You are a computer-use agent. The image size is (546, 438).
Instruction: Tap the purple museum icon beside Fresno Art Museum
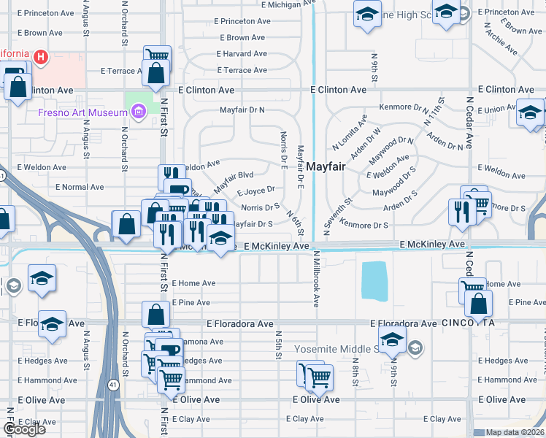138,112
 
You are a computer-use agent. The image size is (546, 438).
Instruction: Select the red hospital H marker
42,56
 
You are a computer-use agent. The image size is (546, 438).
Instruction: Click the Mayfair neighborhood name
325,166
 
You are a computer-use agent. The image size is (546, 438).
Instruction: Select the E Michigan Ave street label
269,4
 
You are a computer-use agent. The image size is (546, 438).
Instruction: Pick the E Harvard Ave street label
241,54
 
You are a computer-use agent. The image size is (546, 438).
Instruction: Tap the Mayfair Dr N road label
242,110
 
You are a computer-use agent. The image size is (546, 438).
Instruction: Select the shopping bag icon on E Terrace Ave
155,74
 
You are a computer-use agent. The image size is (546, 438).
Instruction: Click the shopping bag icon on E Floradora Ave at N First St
156,315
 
